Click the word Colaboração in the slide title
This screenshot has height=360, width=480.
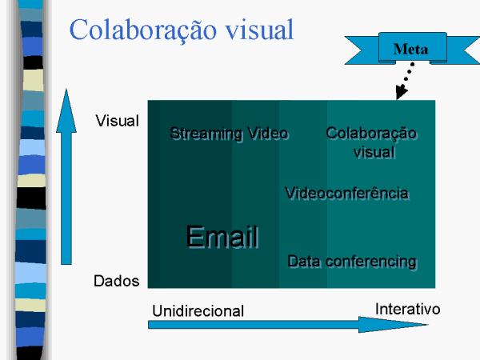(x=143, y=30)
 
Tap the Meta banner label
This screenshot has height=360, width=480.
(x=410, y=49)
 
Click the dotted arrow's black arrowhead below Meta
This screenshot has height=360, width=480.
(x=401, y=92)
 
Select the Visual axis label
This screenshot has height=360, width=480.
(x=118, y=121)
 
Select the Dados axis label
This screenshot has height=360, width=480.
(x=116, y=281)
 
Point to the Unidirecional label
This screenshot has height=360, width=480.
(x=198, y=311)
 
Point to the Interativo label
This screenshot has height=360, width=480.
(x=408, y=309)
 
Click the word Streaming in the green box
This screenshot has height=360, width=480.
(x=206, y=134)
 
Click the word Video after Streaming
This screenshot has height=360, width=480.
(x=268, y=134)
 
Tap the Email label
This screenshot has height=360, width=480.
(x=222, y=236)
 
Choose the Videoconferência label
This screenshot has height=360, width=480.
(x=347, y=193)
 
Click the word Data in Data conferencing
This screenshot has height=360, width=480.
(x=304, y=261)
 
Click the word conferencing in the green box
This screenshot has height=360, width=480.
(x=371, y=262)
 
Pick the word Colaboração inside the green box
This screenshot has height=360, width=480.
(x=371, y=134)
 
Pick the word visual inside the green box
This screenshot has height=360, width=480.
(x=374, y=152)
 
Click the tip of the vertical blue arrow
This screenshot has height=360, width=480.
(x=66, y=89)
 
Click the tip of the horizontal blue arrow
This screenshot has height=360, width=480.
(x=427, y=325)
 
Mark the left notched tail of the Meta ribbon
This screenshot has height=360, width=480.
(x=362, y=50)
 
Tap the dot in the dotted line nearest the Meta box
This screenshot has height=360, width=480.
(x=412, y=64)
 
